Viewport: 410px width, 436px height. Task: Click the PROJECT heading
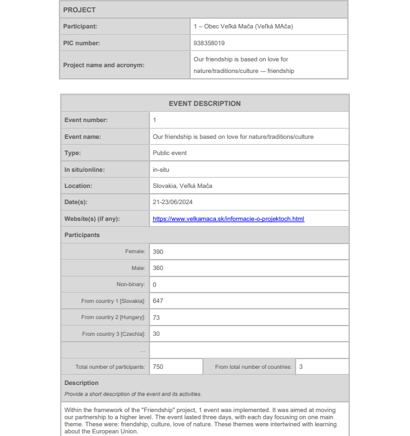click(x=79, y=10)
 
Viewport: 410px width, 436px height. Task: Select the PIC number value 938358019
click(x=209, y=43)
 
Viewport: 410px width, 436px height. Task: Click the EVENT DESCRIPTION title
click(x=204, y=103)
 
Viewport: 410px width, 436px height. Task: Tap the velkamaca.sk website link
click(x=228, y=219)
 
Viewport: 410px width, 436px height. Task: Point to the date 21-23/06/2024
click(x=173, y=202)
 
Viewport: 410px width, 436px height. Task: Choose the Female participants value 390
click(x=158, y=251)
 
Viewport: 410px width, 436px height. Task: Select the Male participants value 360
click(x=158, y=268)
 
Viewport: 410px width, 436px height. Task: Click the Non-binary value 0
click(x=155, y=285)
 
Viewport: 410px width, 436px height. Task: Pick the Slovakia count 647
click(x=158, y=301)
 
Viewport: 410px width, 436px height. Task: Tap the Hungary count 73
click(x=156, y=318)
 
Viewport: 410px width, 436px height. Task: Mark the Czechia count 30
click(x=156, y=334)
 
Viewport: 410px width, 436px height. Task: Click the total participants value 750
click(x=158, y=367)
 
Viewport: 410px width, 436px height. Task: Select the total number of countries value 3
click(x=301, y=367)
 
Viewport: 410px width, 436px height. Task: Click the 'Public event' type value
click(x=169, y=153)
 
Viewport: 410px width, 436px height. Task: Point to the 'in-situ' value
click(x=161, y=170)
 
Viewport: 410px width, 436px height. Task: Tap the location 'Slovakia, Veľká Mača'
click(x=182, y=186)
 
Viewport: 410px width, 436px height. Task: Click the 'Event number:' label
click(x=86, y=120)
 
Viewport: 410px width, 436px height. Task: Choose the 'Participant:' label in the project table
click(x=80, y=26)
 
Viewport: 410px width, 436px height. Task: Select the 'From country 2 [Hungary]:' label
click(x=113, y=318)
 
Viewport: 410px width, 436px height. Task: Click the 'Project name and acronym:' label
click(x=103, y=65)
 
